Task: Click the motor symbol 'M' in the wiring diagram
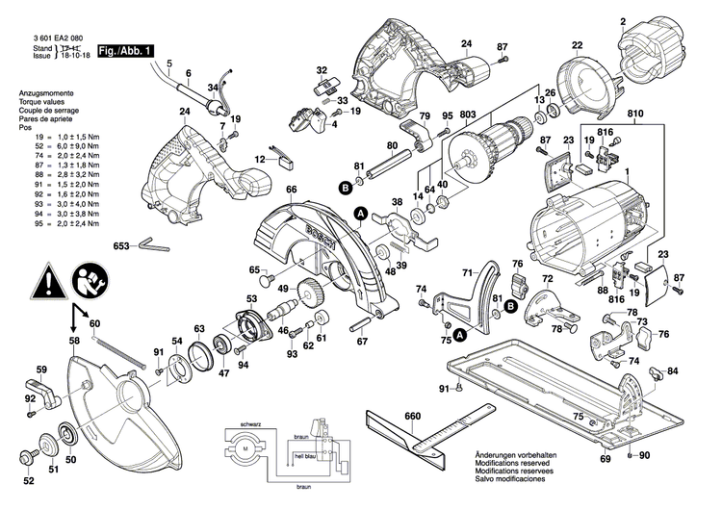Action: pos(244,450)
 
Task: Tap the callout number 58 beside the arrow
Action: pos(74,342)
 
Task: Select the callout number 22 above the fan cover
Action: pos(577,45)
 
